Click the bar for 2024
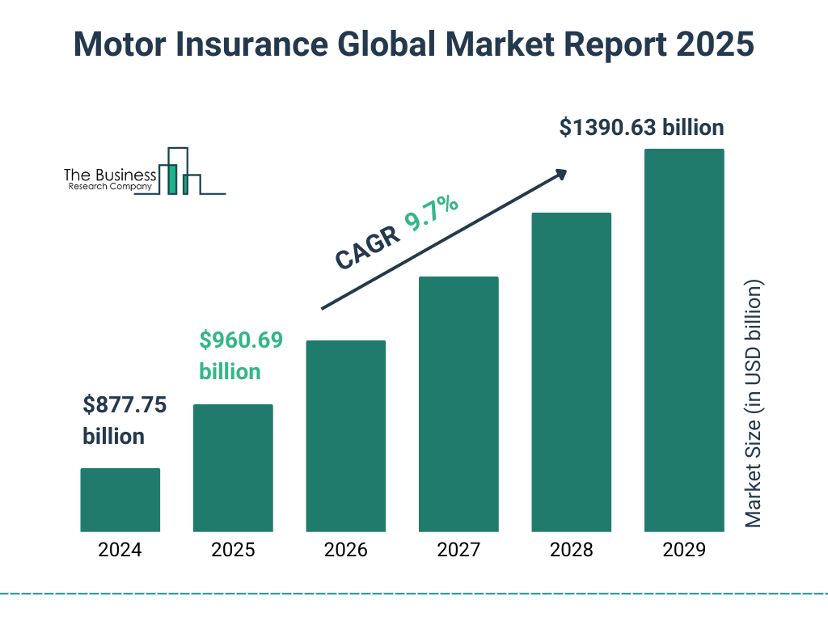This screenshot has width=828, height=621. pyautogui.click(x=120, y=500)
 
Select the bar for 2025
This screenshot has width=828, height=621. pyautogui.click(x=233, y=467)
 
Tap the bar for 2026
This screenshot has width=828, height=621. pyautogui.click(x=345, y=436)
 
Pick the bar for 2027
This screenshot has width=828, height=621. pyautogui.click(x=458, y=404)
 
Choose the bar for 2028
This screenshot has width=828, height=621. pyautogui.click(x=571, y=372)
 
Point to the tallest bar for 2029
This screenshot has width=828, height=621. pyautogui.click(x=683, y=340)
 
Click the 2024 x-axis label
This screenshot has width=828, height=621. pyautogui.click(x=120, y=551)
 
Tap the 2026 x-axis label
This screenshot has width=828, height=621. pyautogui.click(x=345, y=551)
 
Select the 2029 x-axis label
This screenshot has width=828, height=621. pyautogui.click(x=683, y=551)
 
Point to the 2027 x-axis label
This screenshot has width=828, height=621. pyautogui.click(x=458, y=551)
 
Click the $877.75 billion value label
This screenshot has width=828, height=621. pyautogui.click(x=125, y=420)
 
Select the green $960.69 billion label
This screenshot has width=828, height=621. pyautogui.click(x=241, y=356)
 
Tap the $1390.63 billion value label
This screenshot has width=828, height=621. pyautogui.click(x=641, y=128)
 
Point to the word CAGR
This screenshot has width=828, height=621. pyautogui.click(x=367, y=247)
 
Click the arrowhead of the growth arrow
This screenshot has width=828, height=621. pyautogui.click(x=560, y=174)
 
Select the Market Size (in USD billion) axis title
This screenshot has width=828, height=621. pyautogui.click(x=754, y=404)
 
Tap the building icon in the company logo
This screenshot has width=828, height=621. pyautogui.click(x=181, y=171)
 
